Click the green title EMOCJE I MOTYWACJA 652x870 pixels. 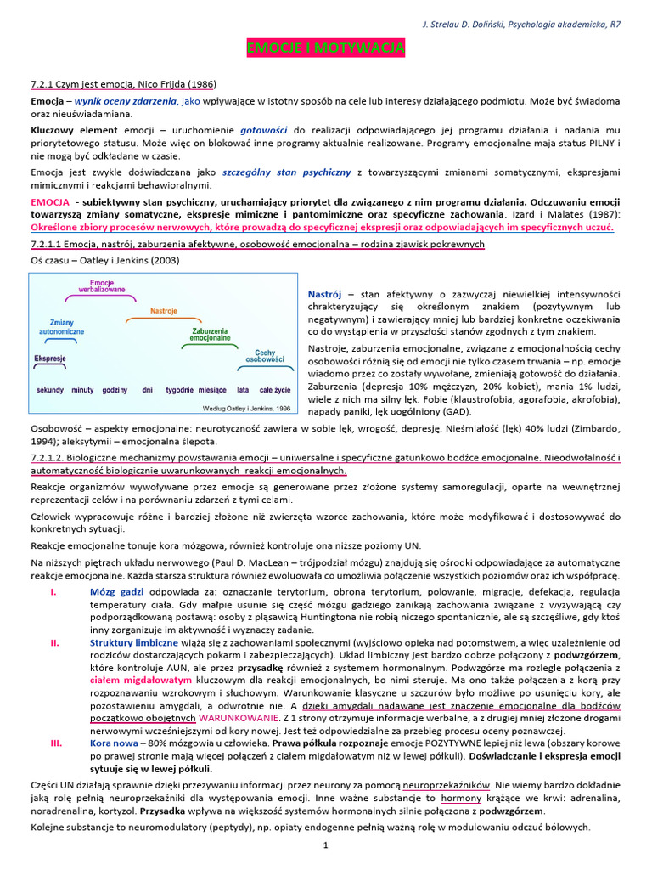coord(325,49)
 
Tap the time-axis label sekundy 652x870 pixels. coord(51,390)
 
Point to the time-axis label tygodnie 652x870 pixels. coord(179,390)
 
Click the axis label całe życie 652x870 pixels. coord(274,390)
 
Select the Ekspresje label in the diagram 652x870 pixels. coord(50,359)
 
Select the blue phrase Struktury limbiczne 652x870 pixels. coord(133,642)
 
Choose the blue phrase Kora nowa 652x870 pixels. coord(114,742)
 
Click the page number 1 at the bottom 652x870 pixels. coord(325,845)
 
